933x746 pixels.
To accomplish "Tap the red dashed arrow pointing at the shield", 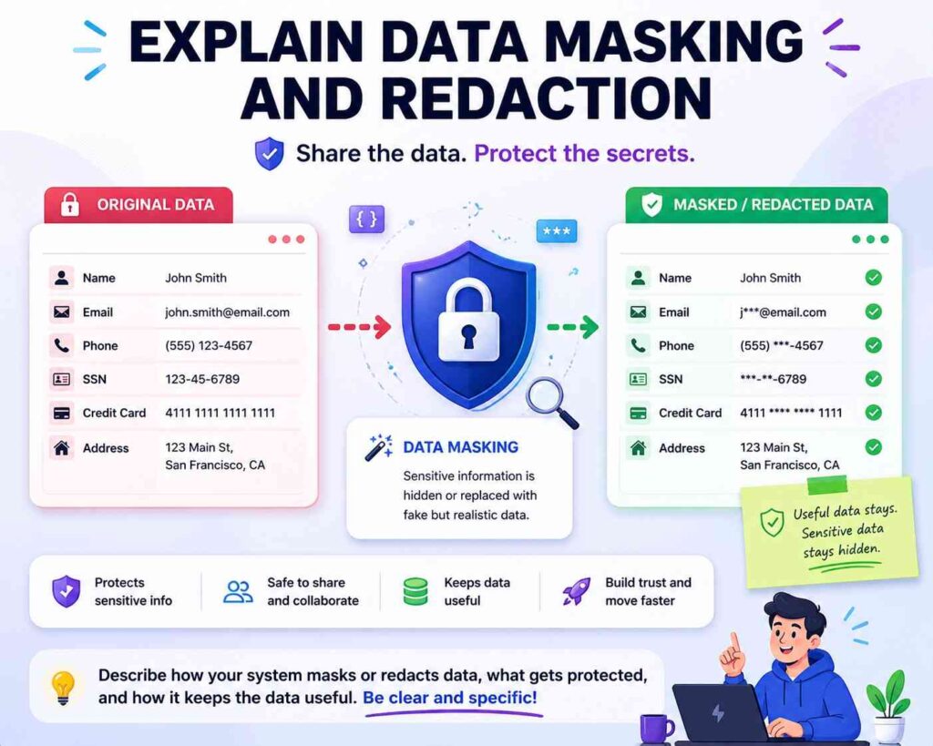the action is [x=359, y=327].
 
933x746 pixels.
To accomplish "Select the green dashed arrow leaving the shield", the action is [x=572, y=327].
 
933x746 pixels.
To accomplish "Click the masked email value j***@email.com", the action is [x=783, y=312].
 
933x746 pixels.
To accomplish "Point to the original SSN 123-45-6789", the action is [x=202, y=379].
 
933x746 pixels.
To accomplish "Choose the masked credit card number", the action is [x=791, y=413].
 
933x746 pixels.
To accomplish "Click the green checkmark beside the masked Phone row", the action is [x=873, y=345].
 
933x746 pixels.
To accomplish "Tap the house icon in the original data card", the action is [x=61, y=447].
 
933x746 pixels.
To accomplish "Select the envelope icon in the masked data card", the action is [x=638, y=312].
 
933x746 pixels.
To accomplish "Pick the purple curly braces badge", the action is [x=366, y=219].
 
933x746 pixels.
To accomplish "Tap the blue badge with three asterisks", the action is [x=557, y=230].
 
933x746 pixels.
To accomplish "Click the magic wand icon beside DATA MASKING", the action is [x=379, y=447].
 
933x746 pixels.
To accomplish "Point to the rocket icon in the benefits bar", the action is [x=576, y=591].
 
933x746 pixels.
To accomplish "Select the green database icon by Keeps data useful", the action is [x=415, y=591].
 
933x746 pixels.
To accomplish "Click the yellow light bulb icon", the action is [x=63, y=687].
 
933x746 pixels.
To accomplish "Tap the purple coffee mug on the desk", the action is [x=656, y=729].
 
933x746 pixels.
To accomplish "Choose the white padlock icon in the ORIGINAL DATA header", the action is [x=70, y=204].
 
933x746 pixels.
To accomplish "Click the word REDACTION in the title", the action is [x=476, y=98].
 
